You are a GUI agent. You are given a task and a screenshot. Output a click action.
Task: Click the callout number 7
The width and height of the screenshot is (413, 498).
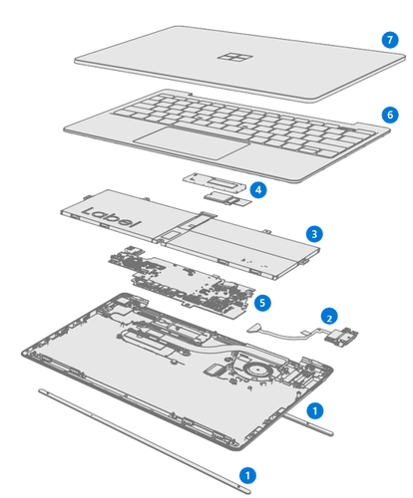tap(390, 40)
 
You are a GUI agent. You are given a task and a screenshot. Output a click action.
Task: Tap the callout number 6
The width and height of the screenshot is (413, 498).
tap(389, 115)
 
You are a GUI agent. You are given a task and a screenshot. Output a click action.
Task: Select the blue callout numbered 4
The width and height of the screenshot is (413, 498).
tap(257, 188)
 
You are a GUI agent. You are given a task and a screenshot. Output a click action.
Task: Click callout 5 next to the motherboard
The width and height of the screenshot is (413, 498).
tap(262, 300)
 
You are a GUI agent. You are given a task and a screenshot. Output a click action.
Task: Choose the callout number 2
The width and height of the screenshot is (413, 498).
tap(326, 317)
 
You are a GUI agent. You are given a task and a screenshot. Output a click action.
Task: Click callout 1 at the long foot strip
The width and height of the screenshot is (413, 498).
tap(249, 475)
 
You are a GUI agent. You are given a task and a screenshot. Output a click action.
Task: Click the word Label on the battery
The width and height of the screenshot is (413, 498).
tap(109, 214)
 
